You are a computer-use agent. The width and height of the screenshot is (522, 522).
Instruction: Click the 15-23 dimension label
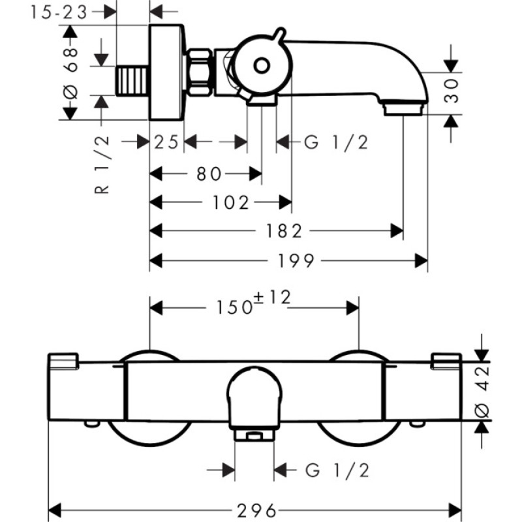pyautogui.click(x=59, y=12)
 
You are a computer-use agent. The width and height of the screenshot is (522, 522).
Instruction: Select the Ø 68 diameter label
pyautogui.click(x=71, y=73)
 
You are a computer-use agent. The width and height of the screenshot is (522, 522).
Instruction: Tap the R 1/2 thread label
pyautogui.click(x=102, y=165)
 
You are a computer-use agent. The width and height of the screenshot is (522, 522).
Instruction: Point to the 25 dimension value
pyautogui.click(x=166, y=142)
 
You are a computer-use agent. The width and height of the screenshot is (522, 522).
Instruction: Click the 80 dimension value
pyautogui.click(x=209, y=174)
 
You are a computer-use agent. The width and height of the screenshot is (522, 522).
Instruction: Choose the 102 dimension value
pyautogui.click(x=231, y=202)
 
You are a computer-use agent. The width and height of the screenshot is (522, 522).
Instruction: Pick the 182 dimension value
pyautogui.click(x=284, y=231)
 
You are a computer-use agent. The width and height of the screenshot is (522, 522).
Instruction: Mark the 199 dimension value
pyautogui.click(x=296, y=260)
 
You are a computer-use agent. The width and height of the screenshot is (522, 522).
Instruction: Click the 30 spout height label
pyautogui.click(x=452, y=91)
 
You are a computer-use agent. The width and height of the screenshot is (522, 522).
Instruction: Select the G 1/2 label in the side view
pyautogui.click(x=336, y=142)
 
